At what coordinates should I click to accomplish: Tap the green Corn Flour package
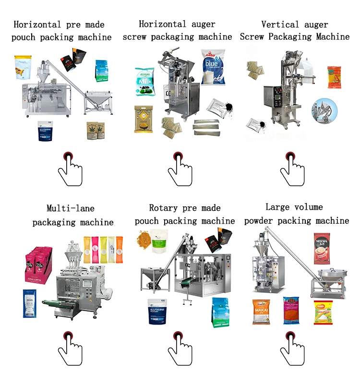click(x=323, y=312)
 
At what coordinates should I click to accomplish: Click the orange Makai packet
click(x=262, y=312)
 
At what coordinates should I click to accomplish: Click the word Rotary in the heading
click(x=164, y=208)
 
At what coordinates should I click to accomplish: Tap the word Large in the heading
click(x=276, y=207)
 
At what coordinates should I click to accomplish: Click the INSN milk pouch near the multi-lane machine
click(x=29, y=303)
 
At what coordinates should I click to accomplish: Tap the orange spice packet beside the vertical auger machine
click(x=334, y=77)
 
